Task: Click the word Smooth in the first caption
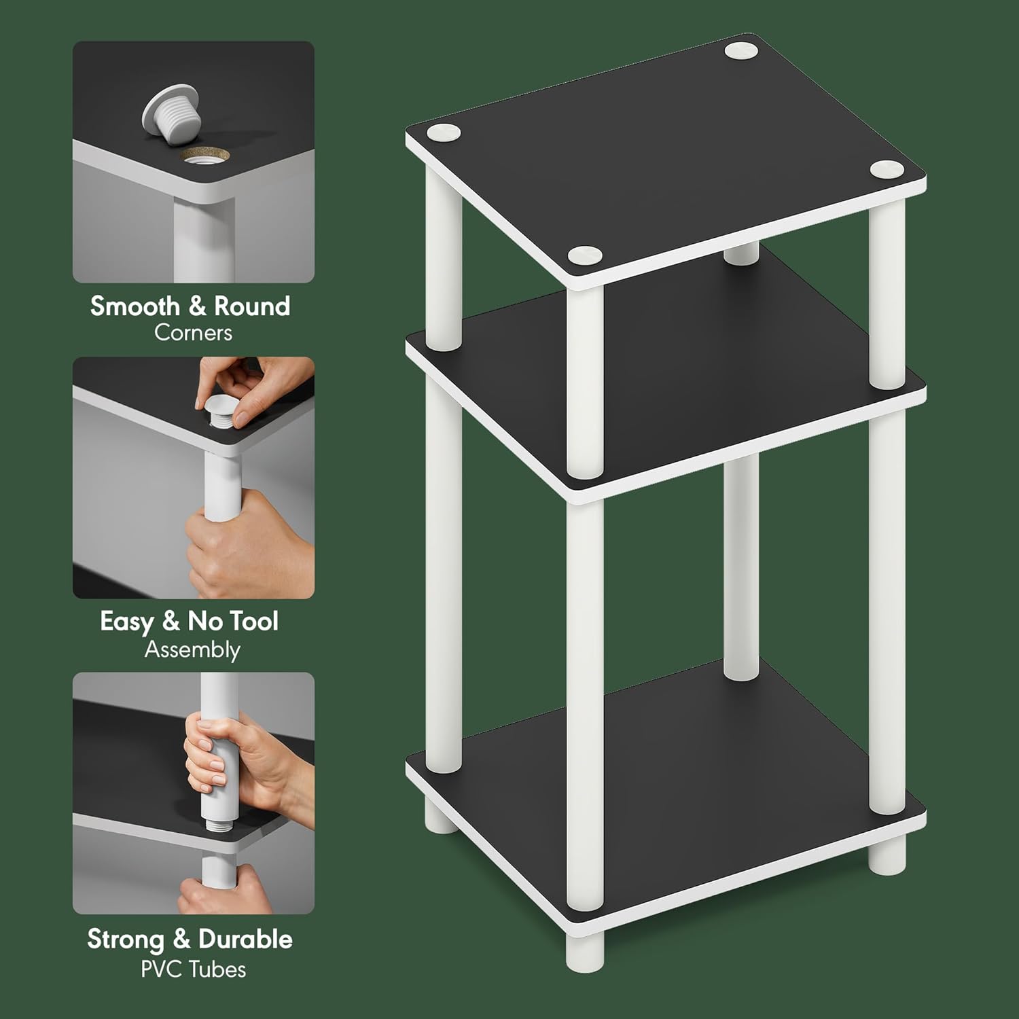click(x=135, y=306)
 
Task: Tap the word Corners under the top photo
click(x=193, y=333)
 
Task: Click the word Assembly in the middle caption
click(x=192, y=650)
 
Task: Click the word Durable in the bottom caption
click(x=245, y=940)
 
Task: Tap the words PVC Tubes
click(x=193, y=969)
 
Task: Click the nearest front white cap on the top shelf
click(x=585, y=255)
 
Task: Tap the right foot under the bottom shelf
click(x=887, y=853)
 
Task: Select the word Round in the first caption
click(x=252, y=306)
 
